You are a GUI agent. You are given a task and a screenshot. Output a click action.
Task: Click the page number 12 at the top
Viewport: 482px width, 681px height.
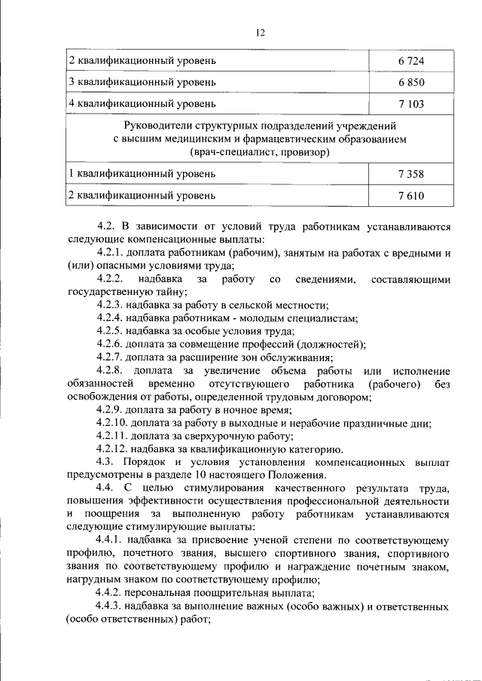(260, 32)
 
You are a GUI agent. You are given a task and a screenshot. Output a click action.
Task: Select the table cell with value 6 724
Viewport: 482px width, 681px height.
(411, 59)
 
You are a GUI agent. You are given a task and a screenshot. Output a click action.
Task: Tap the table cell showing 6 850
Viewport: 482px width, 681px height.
(411, 81)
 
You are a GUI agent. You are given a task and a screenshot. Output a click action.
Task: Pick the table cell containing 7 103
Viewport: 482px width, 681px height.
(411, 103)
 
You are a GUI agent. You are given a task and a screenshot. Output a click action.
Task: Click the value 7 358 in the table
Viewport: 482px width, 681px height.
(411, 174)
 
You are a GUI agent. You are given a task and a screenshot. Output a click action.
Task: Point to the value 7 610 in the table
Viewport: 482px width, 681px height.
(411, 196)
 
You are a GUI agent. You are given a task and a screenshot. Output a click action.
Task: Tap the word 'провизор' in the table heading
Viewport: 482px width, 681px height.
(306, 152)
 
